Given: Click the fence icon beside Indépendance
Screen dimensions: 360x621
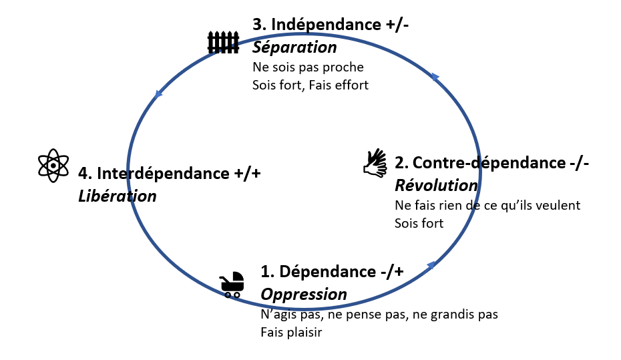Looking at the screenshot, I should [x=222, y=42].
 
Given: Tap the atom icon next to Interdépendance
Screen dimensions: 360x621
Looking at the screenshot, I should [x=53, y=165].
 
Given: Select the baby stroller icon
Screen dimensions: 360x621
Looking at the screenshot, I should [x=232, y=284].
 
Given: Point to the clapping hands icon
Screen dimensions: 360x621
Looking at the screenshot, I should [x=375, y=163].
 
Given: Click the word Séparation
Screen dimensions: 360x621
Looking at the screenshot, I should [x=294, y=48].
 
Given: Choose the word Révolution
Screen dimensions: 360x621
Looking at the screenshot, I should [x=436, y=185].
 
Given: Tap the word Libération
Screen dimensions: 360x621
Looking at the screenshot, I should [x=117, y=196].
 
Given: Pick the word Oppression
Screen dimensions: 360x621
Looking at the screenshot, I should [x=304, y=294].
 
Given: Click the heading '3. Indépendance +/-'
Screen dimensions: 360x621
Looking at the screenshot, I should [x=331, y=25].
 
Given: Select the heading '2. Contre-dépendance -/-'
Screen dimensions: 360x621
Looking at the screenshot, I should [x=491, y=162].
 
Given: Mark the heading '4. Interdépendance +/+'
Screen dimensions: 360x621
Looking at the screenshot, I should [x=169, y=173].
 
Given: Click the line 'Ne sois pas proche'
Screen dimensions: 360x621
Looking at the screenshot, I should [x=308, y=67].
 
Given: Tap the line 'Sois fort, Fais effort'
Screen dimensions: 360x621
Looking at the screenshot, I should [x=310, y=85].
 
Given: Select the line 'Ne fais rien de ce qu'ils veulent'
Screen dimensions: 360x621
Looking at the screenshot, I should [x=487, y=205].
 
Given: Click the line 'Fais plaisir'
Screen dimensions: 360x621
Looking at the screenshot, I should [x=291, y=331].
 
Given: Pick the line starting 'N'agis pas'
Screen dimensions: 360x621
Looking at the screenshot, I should [x=379, y=314].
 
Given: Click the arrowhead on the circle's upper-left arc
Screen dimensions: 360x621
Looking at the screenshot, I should [x=158, y=94].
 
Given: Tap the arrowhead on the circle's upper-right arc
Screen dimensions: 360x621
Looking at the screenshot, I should [x=435, y=77].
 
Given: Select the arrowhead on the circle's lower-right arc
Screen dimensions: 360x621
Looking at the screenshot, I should [x=431, y=265].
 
